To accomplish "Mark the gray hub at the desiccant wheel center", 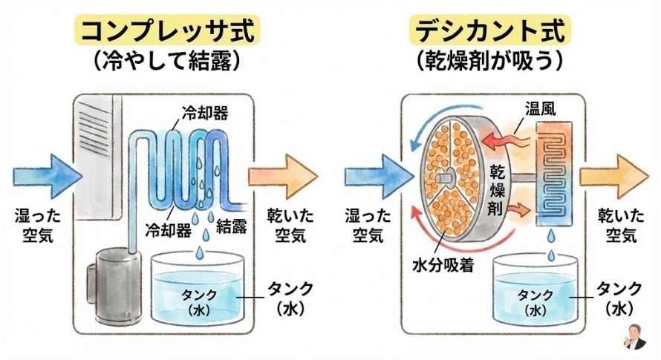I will point(442,177).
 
